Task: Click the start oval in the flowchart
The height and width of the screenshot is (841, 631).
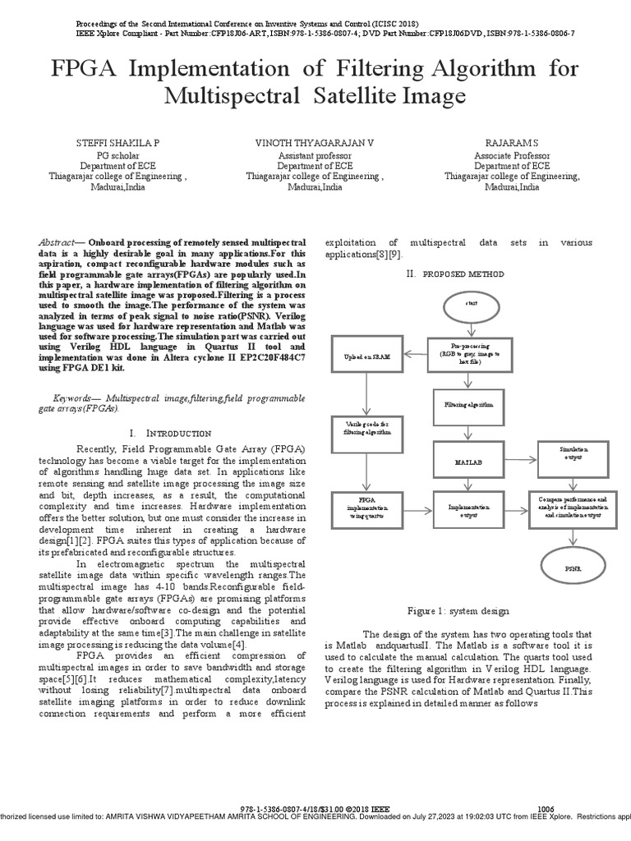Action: [471, 304]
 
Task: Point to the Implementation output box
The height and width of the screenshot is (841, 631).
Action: [470, 510]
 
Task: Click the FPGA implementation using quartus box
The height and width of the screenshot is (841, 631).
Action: [367, 509]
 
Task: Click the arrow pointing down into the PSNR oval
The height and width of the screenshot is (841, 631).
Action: [573, 535]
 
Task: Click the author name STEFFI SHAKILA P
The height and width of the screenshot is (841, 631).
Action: [118, 143]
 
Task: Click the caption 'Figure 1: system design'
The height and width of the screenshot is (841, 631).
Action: [458, 611]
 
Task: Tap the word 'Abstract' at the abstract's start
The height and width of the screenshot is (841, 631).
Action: [56, 243]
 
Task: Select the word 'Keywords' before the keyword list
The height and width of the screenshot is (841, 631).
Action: [63, 398]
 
